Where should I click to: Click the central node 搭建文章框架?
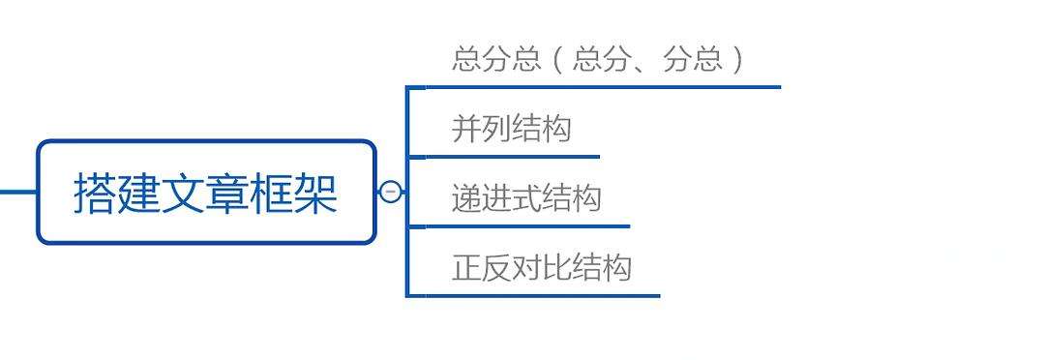[x=206, y=192]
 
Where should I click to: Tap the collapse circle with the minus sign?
[x=390, y=192]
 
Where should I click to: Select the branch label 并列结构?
[x=511, y=129]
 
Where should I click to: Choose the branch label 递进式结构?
[x=525, y=198]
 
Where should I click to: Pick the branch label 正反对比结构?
[x=541, y=267]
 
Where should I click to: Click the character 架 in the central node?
[x=317, y=193]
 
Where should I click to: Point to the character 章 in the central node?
[x=225, y=193]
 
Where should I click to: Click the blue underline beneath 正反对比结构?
[x=541, y=295]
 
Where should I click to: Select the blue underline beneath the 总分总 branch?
[x=600, y=87]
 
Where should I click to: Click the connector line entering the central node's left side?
[x=17, y=192]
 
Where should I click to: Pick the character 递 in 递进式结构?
[x=466, y=198]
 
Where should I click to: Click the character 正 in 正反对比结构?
[x=466, y=267]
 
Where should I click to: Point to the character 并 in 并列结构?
[x=466, y=129]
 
